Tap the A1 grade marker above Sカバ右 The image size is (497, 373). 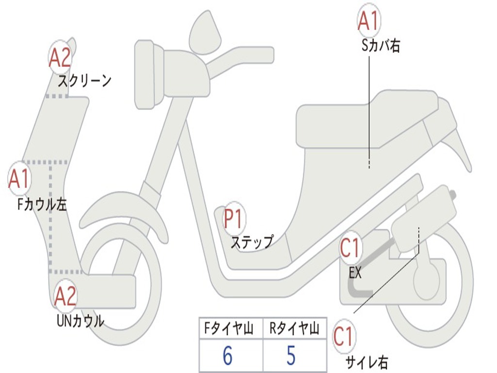tap(368, 21)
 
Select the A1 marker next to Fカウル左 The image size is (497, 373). tap(19, 179)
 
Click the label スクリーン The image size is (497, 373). tap(84, 81)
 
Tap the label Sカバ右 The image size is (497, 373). tap(381, 46)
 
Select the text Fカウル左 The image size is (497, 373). tap(42, 204)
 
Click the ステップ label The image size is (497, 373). tap(252, 242)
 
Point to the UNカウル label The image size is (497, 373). tap(80, 321)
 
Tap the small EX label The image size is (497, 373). tap(355, 273)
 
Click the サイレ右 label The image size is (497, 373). tap(366, 362)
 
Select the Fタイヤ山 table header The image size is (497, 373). tap(230, 329)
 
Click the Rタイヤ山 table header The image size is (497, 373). tap(294, 329)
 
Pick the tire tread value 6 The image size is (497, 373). tap(227, 356)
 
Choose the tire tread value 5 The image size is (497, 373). tap(290, 356)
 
